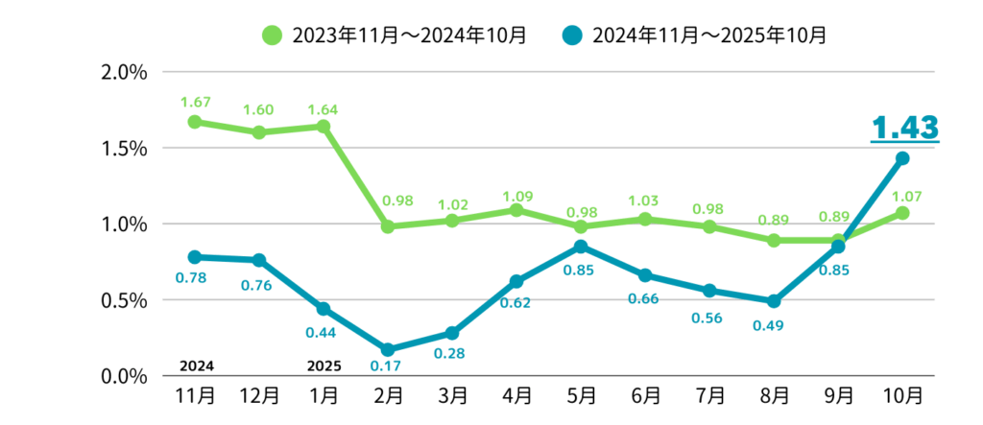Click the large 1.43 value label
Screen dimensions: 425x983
pos(903,129)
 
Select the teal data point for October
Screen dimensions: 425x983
pos(902,158)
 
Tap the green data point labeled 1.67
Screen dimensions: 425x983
pos(195,122)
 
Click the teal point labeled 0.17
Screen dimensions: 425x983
pos(388,350)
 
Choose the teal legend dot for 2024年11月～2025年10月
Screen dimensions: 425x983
pos(572,35)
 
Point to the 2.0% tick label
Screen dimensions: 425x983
pos(123,73)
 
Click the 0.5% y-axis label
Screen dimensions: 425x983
pos(123,300)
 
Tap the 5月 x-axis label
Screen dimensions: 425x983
pos(581,395)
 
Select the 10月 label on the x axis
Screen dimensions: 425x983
pos(902,395)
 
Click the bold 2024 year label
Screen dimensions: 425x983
pos(196,366)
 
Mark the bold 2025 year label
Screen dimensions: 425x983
pos(324,366)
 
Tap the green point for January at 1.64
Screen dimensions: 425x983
pos(324,127)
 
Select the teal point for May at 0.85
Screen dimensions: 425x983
pos(581,247)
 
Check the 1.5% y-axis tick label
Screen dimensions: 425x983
pos(123,149)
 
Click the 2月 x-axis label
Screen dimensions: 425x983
pos(388,395)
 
